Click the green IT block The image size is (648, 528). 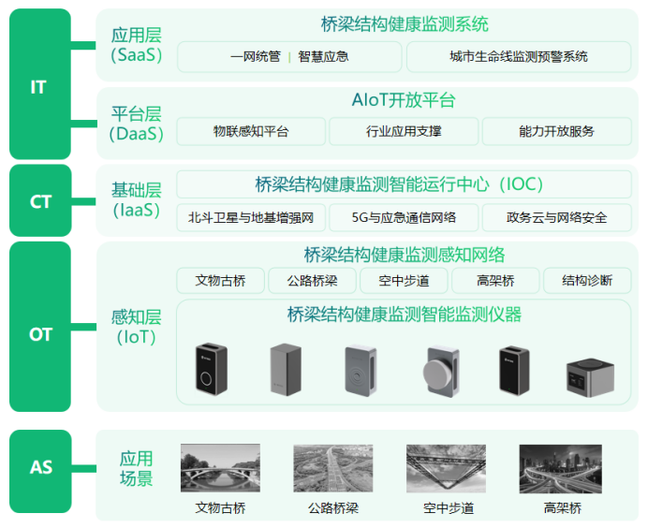[40, 85]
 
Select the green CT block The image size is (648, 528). [40, 200]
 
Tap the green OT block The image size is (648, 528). [40, 333]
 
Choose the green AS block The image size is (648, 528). [40, 467]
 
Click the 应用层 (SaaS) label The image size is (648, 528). [136, 45]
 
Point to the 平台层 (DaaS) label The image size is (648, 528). [136, 124]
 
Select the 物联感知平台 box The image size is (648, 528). [251, 132]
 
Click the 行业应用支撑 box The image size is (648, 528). [404, 132]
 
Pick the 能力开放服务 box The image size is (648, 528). [556, 132]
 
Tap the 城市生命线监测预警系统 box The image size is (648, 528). [519, 57]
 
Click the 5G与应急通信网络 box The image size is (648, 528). [404, 218]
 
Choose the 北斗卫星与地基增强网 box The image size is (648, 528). [251, 218]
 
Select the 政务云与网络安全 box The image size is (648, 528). [556, 218]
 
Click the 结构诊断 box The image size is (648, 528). [587, 281]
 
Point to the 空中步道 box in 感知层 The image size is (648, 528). [404, 281]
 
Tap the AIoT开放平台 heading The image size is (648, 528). [404, 101]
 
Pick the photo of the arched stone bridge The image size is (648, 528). [220, 470]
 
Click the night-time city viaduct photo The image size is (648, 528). [562, 470]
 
